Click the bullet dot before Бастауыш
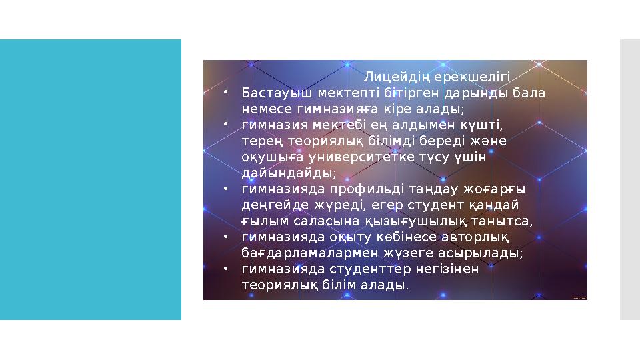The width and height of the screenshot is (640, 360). point(226,93)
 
